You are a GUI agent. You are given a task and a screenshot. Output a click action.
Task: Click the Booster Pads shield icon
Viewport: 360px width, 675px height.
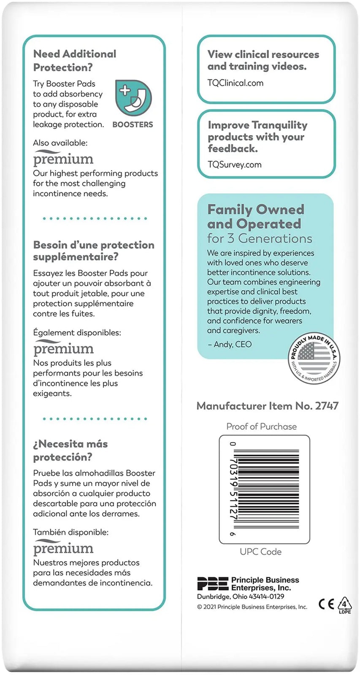[133, 98]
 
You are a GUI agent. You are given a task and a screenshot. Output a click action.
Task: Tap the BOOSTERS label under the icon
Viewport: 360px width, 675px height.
[133, 124]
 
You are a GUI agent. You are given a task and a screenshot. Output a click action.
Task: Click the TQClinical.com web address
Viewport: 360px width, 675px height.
[235, 83]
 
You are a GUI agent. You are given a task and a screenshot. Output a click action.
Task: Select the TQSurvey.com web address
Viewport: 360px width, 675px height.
[234, 165]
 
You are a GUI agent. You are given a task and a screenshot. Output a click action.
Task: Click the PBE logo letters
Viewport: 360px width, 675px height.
[213, 584]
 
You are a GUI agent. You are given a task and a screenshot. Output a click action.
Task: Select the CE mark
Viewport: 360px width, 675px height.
[326, 604]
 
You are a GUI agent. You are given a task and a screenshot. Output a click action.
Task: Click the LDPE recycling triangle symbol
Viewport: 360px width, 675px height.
[344, 604]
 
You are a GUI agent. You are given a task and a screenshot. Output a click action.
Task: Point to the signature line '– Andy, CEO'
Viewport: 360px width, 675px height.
[229, 344]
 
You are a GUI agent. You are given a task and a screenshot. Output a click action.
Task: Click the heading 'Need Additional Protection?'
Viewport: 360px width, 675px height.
[74, 60]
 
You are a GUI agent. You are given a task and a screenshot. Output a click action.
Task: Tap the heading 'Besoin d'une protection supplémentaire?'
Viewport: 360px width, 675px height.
[93, 251]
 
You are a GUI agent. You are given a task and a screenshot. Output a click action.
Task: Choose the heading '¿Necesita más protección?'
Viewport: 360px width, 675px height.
[70, 450]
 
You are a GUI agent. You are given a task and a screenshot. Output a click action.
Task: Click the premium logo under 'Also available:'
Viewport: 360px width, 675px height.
[63, 158]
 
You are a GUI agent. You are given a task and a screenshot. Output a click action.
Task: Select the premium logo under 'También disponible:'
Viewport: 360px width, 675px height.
[63, 548]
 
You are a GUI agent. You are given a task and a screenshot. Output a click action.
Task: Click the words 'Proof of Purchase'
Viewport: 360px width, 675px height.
[261, 427]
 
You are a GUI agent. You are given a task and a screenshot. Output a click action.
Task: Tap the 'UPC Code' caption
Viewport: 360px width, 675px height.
[260, 551]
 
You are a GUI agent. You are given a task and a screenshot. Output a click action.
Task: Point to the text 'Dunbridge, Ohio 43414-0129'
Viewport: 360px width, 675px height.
[241, 597]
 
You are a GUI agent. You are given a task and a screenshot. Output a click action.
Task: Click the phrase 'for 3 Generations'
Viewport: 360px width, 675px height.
[260, 238]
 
